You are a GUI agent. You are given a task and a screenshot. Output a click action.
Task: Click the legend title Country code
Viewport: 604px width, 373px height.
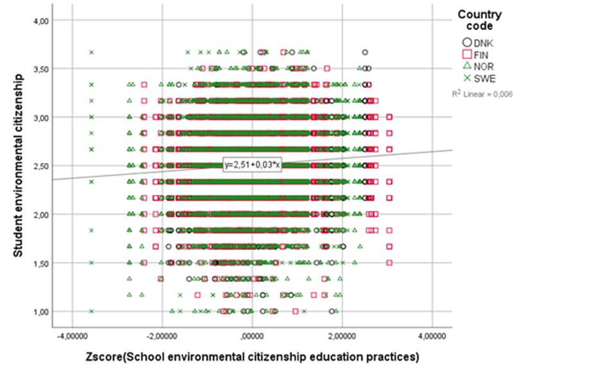pos(479,21)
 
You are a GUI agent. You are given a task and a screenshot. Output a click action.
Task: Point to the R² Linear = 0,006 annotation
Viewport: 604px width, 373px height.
pos(482,94)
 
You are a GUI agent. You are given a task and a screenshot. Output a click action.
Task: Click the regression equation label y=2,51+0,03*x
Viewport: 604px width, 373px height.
pos(251,165)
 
